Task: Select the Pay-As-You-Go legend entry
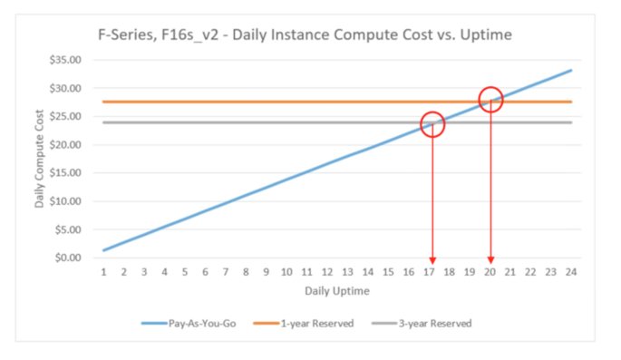pos(191,322)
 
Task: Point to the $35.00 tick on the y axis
pos(71,61)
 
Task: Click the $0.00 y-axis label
pos(73,258)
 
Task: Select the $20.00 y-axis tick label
pos(71,145)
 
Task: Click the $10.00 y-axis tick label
pos(71,201)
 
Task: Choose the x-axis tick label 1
pos(104,272)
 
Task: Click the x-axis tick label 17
pos(429,272)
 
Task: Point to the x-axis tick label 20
pos(490,272)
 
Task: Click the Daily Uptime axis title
pos(337,291)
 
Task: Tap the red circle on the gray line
pos(433,124)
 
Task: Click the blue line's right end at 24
pos(571,70)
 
